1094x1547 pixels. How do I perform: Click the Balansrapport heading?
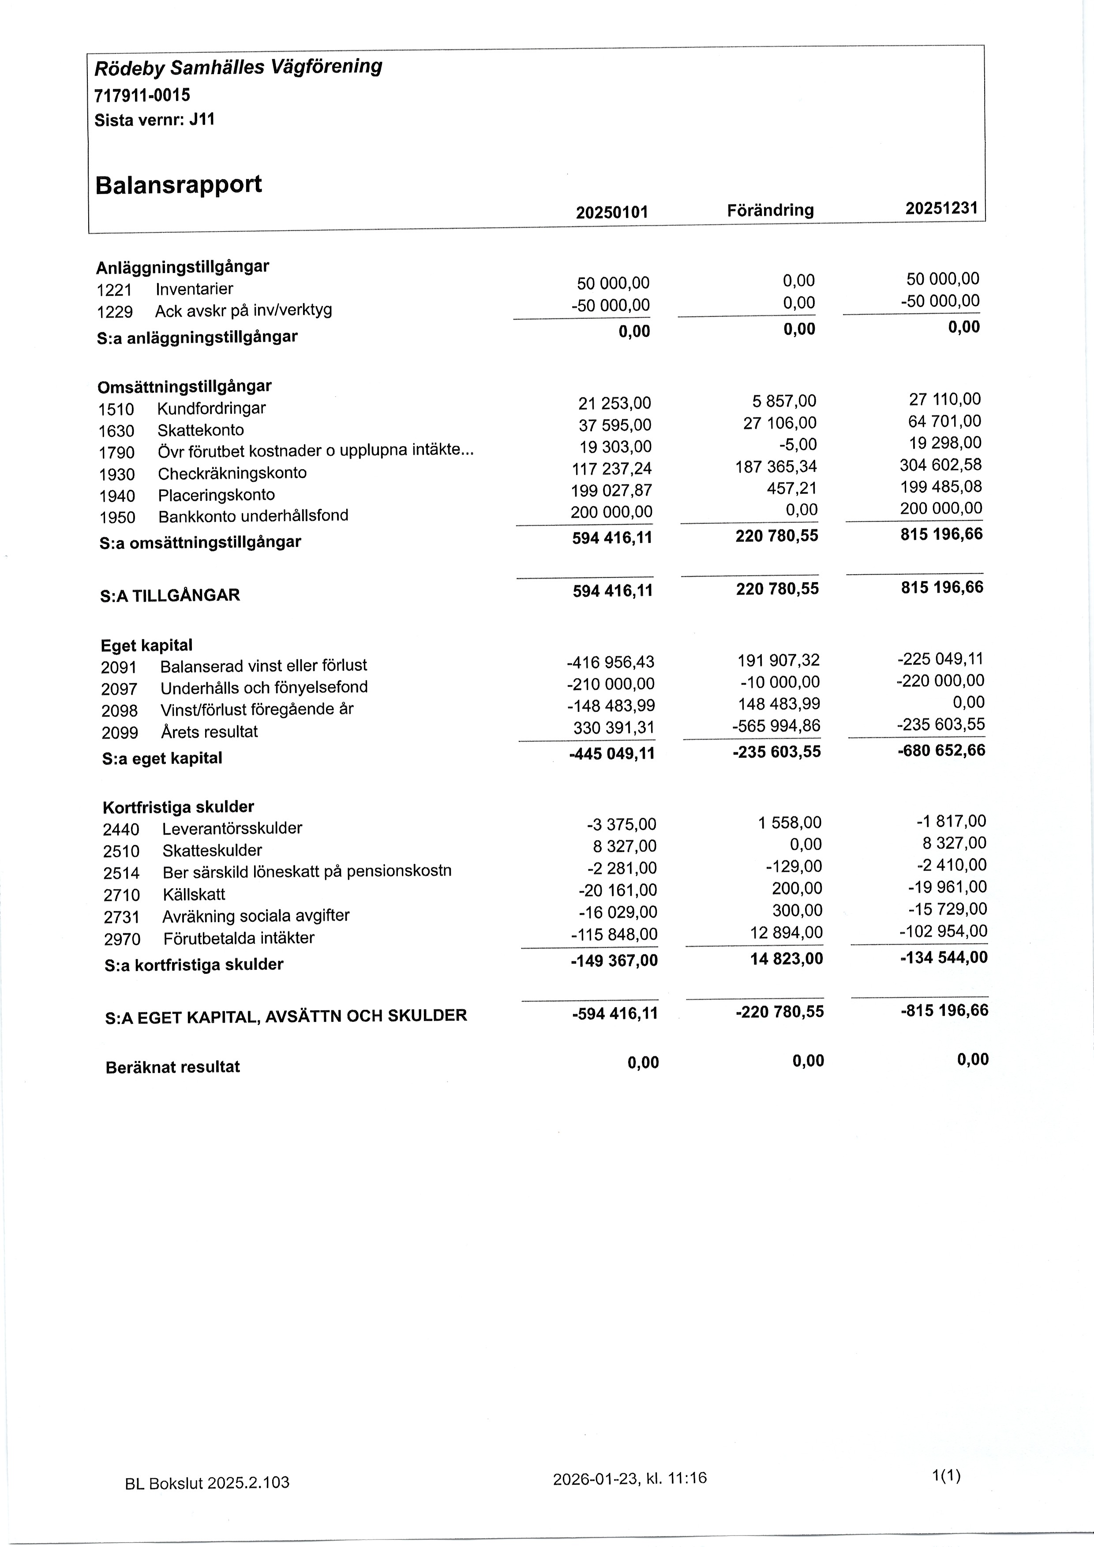coord(179,185)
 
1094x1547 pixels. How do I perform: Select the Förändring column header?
coord(771,210)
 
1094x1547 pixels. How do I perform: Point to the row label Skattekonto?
coord(200,430)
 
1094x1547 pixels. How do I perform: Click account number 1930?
coord(116,475)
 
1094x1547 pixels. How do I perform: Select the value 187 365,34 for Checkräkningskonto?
coord(776,466)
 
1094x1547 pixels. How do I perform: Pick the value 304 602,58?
coord(941,465)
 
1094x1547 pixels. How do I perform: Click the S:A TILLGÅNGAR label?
coord(170,595)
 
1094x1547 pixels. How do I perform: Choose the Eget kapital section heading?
coord(146,645)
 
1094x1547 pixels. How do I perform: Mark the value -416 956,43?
coord(611,662)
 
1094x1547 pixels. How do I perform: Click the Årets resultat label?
coord(209,732)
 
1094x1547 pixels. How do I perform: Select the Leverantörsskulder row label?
coord(232,828)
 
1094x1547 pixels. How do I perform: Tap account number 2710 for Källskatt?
coord(121,895)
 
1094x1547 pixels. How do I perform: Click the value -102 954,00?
coord(943,931)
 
